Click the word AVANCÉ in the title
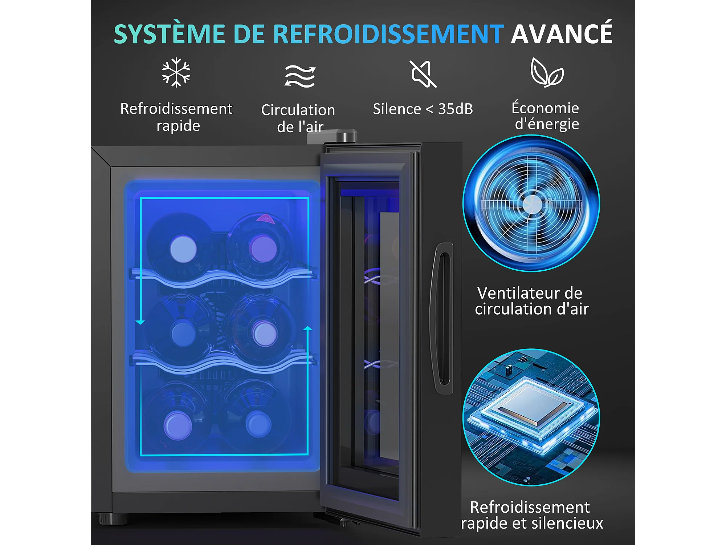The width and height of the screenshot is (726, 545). (562, 33)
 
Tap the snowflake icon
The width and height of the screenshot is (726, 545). (176, 72)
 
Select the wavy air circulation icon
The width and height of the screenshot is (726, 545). (300, 76)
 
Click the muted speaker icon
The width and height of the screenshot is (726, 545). (423, 74)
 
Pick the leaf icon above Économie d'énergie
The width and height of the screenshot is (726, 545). (547, 72)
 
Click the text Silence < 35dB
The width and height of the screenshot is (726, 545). (423, 109)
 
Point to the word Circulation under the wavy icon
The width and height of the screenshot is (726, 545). (298, 110)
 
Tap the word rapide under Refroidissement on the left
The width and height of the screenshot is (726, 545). (178, 126)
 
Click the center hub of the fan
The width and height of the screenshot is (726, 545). (532, 204)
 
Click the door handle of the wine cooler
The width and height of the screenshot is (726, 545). (442, 318)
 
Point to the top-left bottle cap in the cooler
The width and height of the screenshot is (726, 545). (183, 249)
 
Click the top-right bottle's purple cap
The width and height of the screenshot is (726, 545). (263, 249)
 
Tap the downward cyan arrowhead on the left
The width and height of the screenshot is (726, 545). (140, 322)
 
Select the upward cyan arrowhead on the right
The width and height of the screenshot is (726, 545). (308, 328)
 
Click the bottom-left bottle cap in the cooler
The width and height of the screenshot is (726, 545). (178, 425)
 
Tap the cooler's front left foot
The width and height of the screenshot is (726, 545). (113, 519)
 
